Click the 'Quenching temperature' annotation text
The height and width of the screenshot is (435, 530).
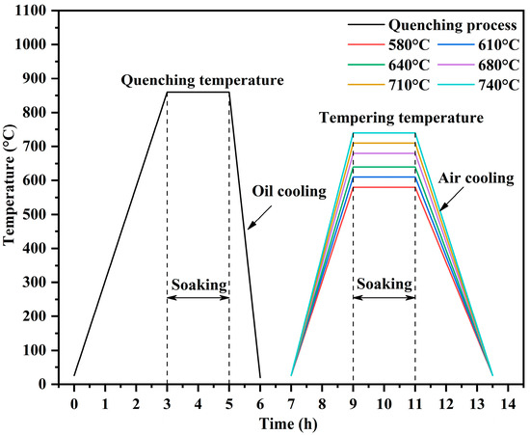tap(202, 80)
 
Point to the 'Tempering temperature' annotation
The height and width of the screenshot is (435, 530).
tap(402, 118)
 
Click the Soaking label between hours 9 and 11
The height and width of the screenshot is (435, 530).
tap(384, 285)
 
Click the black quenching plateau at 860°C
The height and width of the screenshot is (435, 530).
tap(198, 93)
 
